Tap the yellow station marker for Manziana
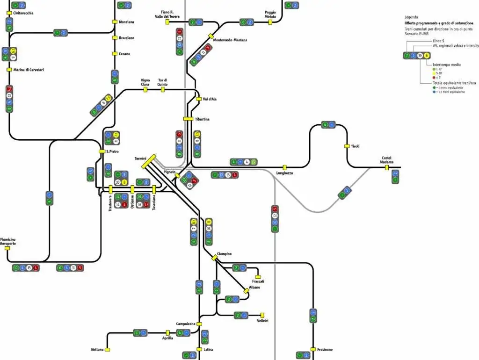click(x=114, y=22)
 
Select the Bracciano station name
click(x=126, y=38)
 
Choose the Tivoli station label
click(x=355, y=146)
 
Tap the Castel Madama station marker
click(x=387, y=167)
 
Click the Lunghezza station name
click(x=284, y=173)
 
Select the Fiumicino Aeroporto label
click(x=8, y=241)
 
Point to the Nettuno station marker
click(x=108, y=350)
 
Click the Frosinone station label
click(x=325, y=350)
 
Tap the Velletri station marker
click(x=262, y=315)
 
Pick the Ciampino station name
click(x=225, y=254)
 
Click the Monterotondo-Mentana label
click(x=230, y=40)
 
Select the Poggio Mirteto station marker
click(x=270, y=22)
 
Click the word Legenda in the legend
click(x=412, y=17)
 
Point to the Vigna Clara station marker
click(x=145, y=89)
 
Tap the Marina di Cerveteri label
click(x=29, y=70)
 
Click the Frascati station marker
click(x=258, y=277)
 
